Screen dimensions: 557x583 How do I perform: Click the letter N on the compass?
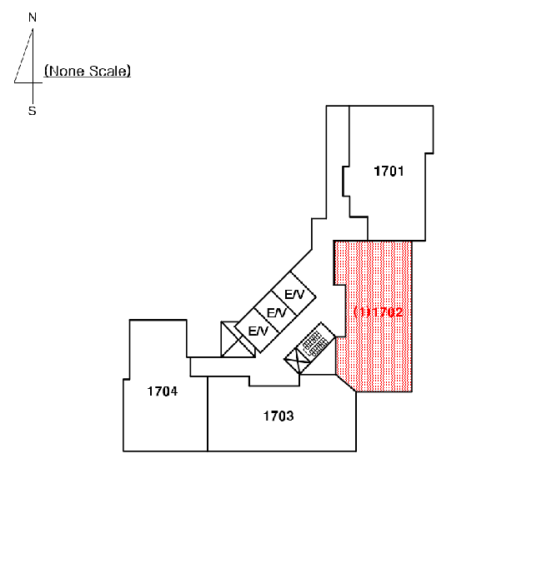[x=33, y=17]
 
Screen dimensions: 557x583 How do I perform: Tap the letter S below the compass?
[x=33, y=111]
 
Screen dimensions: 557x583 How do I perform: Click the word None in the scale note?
[x=67, y=71]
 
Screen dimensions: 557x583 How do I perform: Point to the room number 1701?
[x=389, y=172]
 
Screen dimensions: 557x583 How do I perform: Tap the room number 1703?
[x=278, y=416]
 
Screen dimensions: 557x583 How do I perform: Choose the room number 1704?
[x=163, y=391]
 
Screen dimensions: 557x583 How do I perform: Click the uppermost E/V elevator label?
[x=294, y=295]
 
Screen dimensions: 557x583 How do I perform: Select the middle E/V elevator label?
[x=277, y=312]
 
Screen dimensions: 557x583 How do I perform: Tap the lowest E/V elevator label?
[x=258, y=331]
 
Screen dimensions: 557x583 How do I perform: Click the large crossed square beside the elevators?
[x=238, y=340]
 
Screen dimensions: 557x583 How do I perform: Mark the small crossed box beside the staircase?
[x=298, y=360]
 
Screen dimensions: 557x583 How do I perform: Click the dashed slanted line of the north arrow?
[x=23, y=56]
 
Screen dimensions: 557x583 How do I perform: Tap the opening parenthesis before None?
[x=47, y=71]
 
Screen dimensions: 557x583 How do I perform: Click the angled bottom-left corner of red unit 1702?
[x=346, y=383]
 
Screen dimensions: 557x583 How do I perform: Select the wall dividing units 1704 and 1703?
[x=208, y=414]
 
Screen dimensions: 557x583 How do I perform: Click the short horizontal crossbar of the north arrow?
[x=28, y=82]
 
